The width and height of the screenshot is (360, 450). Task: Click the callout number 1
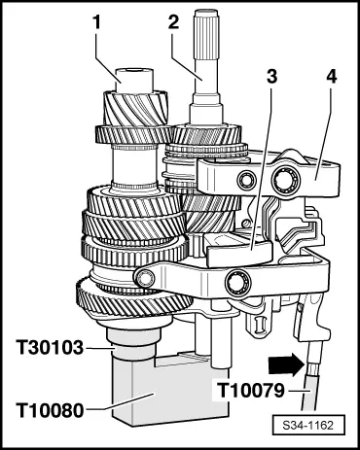coord(96,23)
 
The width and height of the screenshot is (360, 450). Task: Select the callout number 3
coord(271,77)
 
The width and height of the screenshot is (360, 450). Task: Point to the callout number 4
coord(330,77)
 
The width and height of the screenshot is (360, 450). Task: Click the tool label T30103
coord(50,349)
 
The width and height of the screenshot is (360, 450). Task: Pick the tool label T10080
coord(50,411)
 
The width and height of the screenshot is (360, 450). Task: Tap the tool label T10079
coord(250,391)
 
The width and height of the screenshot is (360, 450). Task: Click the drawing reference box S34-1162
coord(307,425)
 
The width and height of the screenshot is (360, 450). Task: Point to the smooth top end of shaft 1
coord(134,81)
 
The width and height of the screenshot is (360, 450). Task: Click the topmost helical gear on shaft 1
coord(135,109)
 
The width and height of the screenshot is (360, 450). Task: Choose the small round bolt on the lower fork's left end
coord(145,278)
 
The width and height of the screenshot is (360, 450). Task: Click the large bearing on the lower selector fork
coord(238,282)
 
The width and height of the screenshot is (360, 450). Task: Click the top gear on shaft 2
coord(205,135)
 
